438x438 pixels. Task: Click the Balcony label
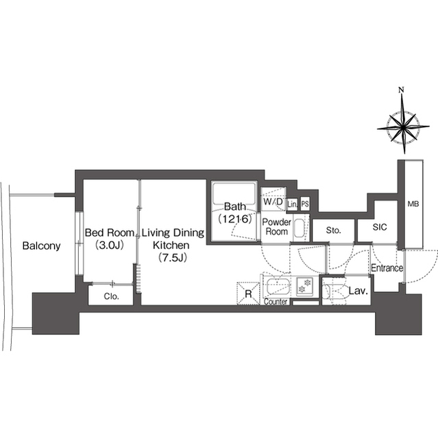tap(41, 246)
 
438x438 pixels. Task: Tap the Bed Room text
tap(110, 233)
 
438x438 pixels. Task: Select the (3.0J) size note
tap(109, 245)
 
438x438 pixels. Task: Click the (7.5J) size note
tap(172, 257)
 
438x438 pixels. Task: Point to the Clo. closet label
tap(111, 296)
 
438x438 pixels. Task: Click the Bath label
tap(235, 207)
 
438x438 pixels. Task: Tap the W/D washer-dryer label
tap(273, 201)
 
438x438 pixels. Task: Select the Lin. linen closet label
tap(292, 204)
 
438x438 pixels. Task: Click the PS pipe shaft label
tap(305, 204)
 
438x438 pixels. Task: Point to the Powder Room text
tap(277, 227)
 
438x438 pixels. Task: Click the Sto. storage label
tap(333, 231)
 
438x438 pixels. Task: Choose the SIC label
tap(380, 227)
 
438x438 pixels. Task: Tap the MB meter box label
tap(413, 204)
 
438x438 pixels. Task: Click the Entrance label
tap(387, 268)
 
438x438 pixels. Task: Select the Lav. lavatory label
tap(358, 291)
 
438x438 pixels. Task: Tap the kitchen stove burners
tap(305, 286)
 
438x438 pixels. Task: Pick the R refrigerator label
tap(248, 294)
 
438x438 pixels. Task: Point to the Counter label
tap(276, 302)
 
